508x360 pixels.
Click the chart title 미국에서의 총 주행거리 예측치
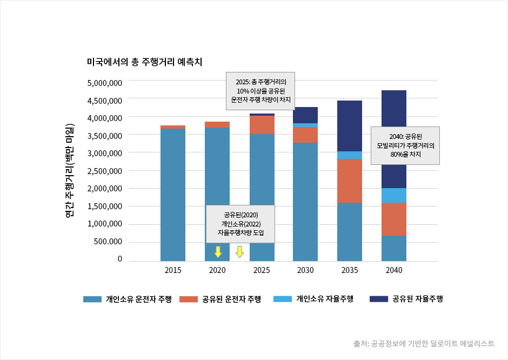(x=144, y=62)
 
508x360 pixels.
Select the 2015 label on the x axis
(x=173, y=270)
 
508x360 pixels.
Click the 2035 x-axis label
(x=350, y=270)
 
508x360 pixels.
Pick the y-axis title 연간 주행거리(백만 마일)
(x=69, y=171)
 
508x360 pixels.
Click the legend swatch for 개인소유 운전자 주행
(x=92, y=299)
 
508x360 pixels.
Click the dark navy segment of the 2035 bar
(x=350, y=125)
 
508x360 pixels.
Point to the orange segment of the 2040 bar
(x=395, y=219)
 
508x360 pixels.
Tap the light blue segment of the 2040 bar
(x=395, y=195)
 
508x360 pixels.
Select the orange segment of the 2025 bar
(x=262, y=125)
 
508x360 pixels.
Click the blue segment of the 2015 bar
(x=173, y=195)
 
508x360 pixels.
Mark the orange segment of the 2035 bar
(x=350, y=181)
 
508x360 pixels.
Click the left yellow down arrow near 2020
(x=218, y=251)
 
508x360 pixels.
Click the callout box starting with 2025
(x=260, y=91)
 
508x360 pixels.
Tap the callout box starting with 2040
(x=405, y=145)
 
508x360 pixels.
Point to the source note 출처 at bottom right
(x=424, y=343)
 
